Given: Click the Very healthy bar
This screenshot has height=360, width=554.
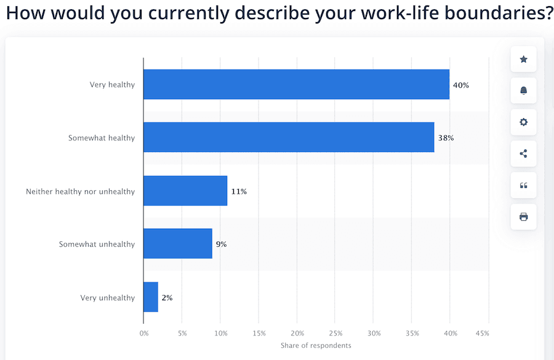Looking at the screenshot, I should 296,84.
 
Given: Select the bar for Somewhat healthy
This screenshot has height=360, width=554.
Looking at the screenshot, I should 289,137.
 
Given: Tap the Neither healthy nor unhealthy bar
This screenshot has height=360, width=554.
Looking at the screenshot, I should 185,191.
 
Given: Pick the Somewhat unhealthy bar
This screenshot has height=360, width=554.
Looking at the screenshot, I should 178,244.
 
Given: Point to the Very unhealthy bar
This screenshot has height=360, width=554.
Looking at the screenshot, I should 151,297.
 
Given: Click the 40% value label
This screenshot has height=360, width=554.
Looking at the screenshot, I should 460,85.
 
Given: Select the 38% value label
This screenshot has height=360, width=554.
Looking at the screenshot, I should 446,138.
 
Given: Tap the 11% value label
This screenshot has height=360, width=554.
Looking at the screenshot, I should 239,191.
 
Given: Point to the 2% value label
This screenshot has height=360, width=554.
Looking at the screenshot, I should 167,298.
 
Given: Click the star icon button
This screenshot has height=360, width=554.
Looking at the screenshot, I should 523,59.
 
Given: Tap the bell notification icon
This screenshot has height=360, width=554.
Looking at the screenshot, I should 523,90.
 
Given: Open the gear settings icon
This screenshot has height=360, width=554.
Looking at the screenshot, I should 523,122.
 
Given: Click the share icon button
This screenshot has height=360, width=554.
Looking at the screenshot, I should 523,153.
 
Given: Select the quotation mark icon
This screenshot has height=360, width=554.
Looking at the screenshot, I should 523,185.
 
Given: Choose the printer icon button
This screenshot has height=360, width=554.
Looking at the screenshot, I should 523,217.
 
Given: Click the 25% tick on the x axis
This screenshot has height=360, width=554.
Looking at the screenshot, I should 335,334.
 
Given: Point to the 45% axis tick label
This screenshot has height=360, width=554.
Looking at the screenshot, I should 482,334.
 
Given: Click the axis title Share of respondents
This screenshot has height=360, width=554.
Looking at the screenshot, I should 316,345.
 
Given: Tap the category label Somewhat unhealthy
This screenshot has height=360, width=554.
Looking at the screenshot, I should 97,244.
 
